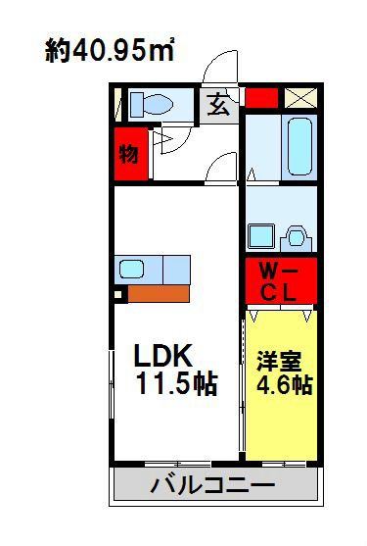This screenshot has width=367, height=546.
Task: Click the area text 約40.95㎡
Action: (x=109, y=51)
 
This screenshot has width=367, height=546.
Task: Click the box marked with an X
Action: (x=299, y=98)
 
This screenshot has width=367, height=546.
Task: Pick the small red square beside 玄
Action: (x=260, y=98)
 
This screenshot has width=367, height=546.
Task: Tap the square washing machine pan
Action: (x=260, y=236)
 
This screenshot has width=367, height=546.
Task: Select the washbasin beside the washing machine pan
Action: (x=297, y=236)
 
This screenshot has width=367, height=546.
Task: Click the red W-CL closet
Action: (x=279, y=281)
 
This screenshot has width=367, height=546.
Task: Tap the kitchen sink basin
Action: (x=133, y=268)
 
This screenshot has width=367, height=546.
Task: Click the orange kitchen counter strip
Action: (x=160, y=292)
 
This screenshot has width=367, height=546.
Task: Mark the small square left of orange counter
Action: (x=117, y=292)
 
